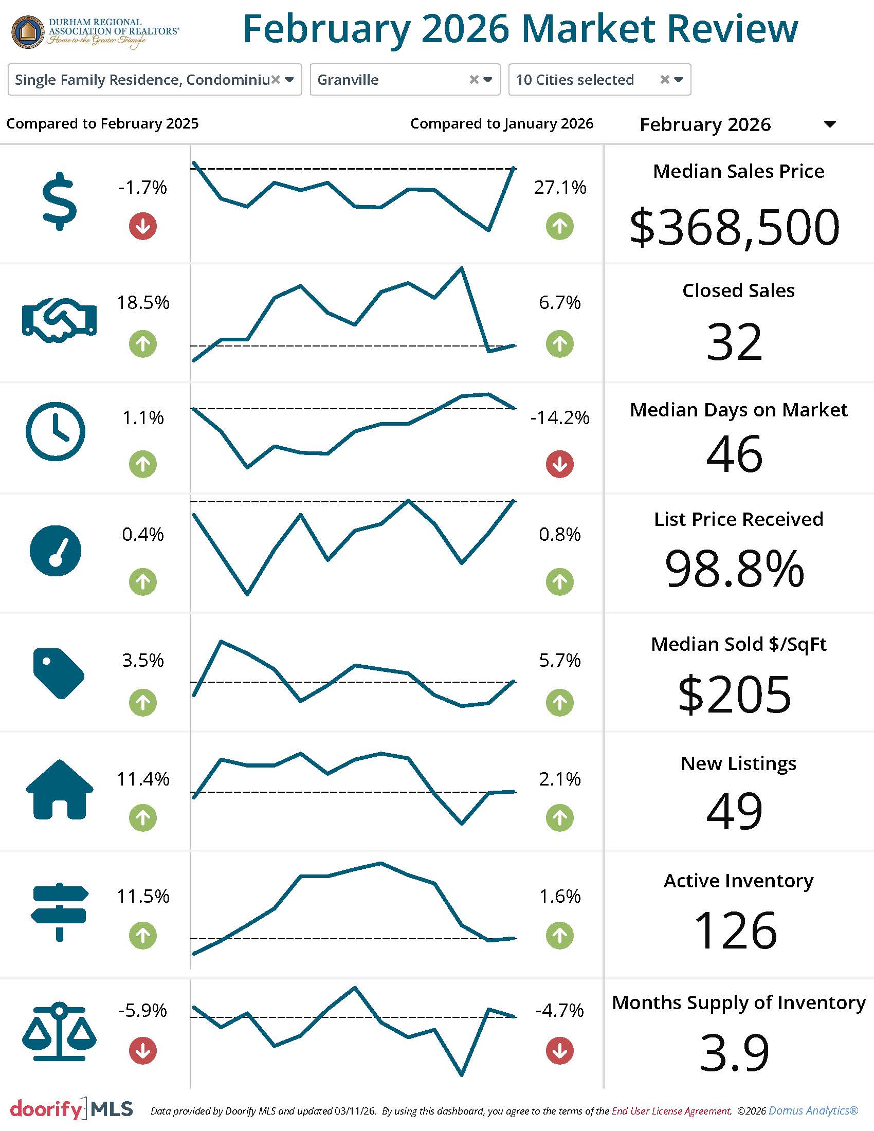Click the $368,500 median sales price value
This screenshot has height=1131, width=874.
click(x=734, y=227)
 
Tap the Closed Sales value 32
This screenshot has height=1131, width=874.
click(x=734, y=342)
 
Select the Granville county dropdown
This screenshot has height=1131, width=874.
click(x=405, y=80)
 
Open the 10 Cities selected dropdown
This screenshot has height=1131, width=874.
click(x=599, y=80)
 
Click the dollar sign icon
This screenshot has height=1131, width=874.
click(x=60, y=201)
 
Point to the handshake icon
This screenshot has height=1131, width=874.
click(x=59, y=320)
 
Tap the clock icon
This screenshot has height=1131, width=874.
click(x=56, y=431)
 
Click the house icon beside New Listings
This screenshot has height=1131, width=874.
click(x=60, y=789)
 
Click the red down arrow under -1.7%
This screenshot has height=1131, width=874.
click(x=143, y=226)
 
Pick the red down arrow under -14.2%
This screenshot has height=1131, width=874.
click(x=560, y=464)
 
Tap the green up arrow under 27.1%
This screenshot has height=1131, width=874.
click(x=560, y=226)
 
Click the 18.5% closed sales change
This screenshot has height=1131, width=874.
click(x=143, y=302)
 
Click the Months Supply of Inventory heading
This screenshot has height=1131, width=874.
click(x=738, y=1002)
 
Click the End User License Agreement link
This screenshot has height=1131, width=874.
click(x=671, y=1111)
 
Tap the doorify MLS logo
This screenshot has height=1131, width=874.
click(x=71, y=1109)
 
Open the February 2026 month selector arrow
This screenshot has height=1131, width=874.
click(x=830, y=124)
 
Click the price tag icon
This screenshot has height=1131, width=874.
click(x=59, y=673)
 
